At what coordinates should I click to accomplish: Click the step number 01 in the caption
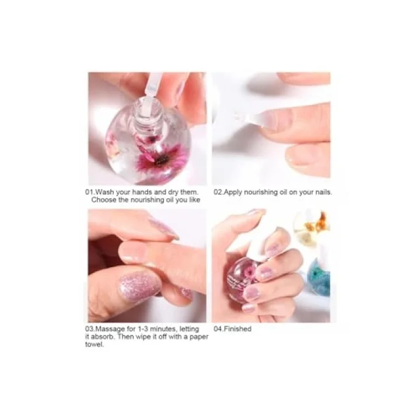click(x=89, y=192)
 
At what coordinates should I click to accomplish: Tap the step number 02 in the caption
click(x=218, y=192)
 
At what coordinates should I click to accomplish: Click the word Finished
click(x=237, y=328)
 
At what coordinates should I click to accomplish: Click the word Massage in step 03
click(x=110, y=329)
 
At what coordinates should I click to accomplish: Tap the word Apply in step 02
click(x=233, y=192)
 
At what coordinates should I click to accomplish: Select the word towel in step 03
click(x=94, y=345)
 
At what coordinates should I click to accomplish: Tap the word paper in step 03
click(x=199, y=337)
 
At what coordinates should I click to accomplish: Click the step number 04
click(x=218, y=328)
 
